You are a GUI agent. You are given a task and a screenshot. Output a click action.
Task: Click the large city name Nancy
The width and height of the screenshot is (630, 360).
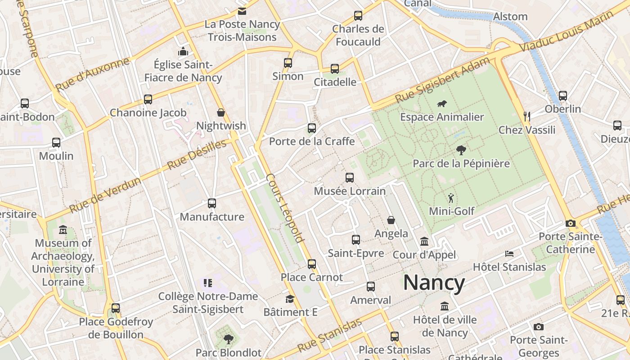tap(434, 283)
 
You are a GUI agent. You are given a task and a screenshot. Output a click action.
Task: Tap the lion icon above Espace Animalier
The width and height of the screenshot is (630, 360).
tap(441, 104)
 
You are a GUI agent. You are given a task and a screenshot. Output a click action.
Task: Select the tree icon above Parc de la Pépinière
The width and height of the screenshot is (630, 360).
tap(461, 150)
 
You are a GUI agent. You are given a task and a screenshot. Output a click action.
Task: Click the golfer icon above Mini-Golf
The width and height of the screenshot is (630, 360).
tap(451, 198)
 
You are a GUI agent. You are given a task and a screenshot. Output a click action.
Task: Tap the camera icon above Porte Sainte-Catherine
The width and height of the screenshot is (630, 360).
tap(570, 223)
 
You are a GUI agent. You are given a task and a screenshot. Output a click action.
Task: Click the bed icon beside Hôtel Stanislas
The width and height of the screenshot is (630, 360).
tap(509, 254)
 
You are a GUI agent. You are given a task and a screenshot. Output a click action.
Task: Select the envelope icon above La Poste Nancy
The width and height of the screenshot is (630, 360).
tap(242, 11)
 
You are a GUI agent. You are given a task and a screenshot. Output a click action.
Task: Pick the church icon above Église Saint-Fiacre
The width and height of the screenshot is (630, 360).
tap(183, 52)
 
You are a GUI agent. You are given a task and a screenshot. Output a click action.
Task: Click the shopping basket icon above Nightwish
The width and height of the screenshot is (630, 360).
tap(221, 112)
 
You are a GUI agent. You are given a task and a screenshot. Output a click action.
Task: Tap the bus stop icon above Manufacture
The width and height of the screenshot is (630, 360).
tap(212, 203)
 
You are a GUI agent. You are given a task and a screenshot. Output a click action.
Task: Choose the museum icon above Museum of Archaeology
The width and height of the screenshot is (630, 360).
tap(63, 230)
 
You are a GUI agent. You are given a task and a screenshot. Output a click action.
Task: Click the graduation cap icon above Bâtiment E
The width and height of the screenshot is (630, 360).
tap(290, 299)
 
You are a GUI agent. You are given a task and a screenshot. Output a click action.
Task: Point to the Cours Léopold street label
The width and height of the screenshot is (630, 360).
tap(285, 208)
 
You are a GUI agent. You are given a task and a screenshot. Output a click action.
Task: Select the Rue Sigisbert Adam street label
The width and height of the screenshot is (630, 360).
tap(442, 80)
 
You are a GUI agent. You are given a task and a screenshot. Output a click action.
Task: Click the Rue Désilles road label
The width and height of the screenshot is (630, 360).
tap(197, 155)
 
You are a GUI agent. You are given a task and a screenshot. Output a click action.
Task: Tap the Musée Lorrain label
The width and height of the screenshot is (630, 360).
tap(350, 191)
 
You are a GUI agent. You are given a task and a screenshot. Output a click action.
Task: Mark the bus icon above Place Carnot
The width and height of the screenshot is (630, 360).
tap(312, 264)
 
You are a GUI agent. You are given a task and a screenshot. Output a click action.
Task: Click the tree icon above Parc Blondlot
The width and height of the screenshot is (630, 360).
tap(228, 339)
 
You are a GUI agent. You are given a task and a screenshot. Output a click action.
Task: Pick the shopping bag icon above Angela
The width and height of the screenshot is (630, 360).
tap(391, 220)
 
